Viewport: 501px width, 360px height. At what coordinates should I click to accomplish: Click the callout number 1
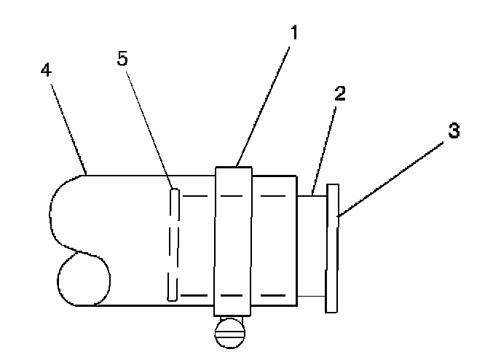[294, 34]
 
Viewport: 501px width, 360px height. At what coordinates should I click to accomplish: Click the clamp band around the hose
[234, 240]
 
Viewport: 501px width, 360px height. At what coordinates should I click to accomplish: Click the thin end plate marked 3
[333, 248]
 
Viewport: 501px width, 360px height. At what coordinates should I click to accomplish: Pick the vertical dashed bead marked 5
[173, 244]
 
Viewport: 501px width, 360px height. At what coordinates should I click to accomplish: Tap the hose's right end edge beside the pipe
[296, 240]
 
